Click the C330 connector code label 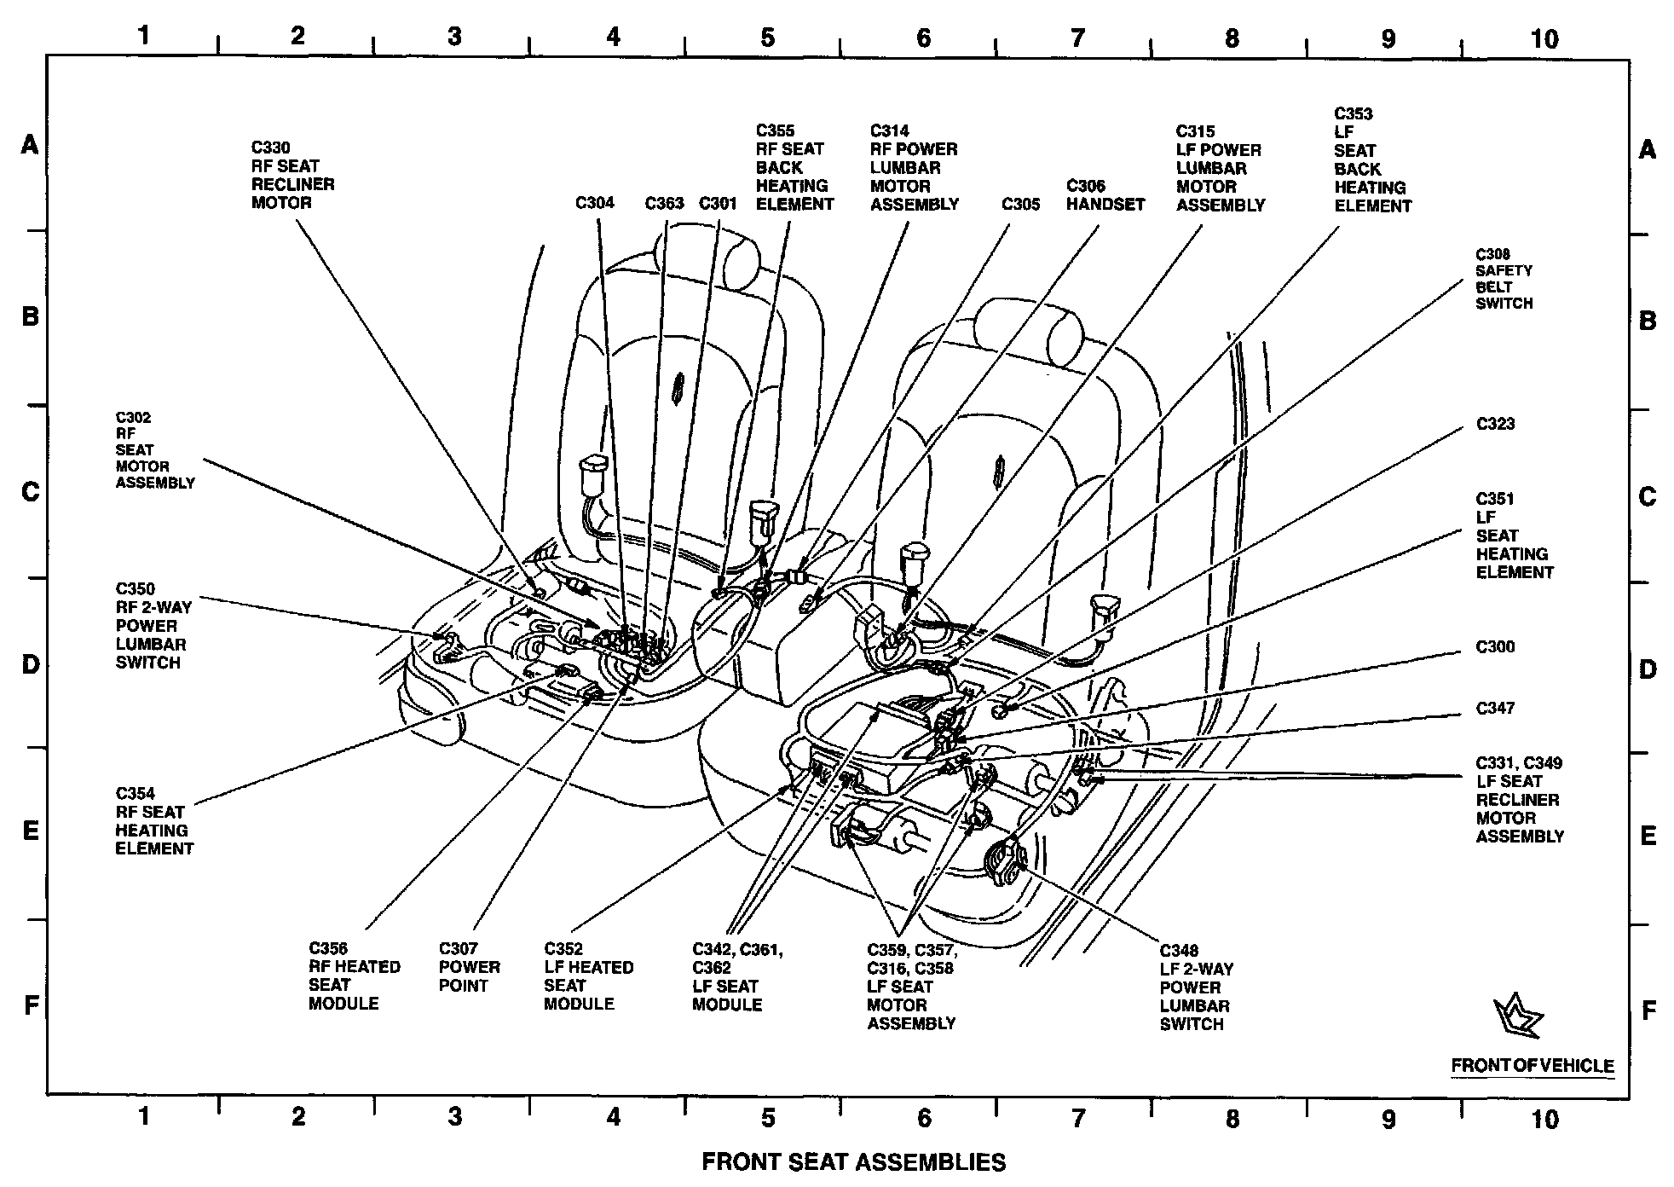click(x=270, y=148)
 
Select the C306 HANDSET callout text click(x=1105, y=195)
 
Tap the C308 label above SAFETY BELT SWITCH click(x=1492, y=254)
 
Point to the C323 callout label click(x=1495, y=424)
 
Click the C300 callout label click(x=1495, y=647)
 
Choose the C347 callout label click(x=1495, y=709)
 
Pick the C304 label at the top click(x=594, y=203)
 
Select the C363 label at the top click(x=664, y=203)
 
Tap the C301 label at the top click(x=718, y=203)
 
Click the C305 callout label click(x=1020, y=204)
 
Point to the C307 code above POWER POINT click(x=458, y=949)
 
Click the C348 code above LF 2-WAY click(x=1179, y=951)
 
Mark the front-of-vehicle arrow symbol click(x=1518, y=1016)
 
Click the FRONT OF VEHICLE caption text click(x=1532, y=1066)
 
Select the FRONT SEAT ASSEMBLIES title click(x=853, y=1162)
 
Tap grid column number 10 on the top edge click(x=1544, y=38)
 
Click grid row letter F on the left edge click(x=31, y=1006)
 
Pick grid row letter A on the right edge click(x=1648, y=150)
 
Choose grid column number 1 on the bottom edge click(x=143, y=1116)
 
